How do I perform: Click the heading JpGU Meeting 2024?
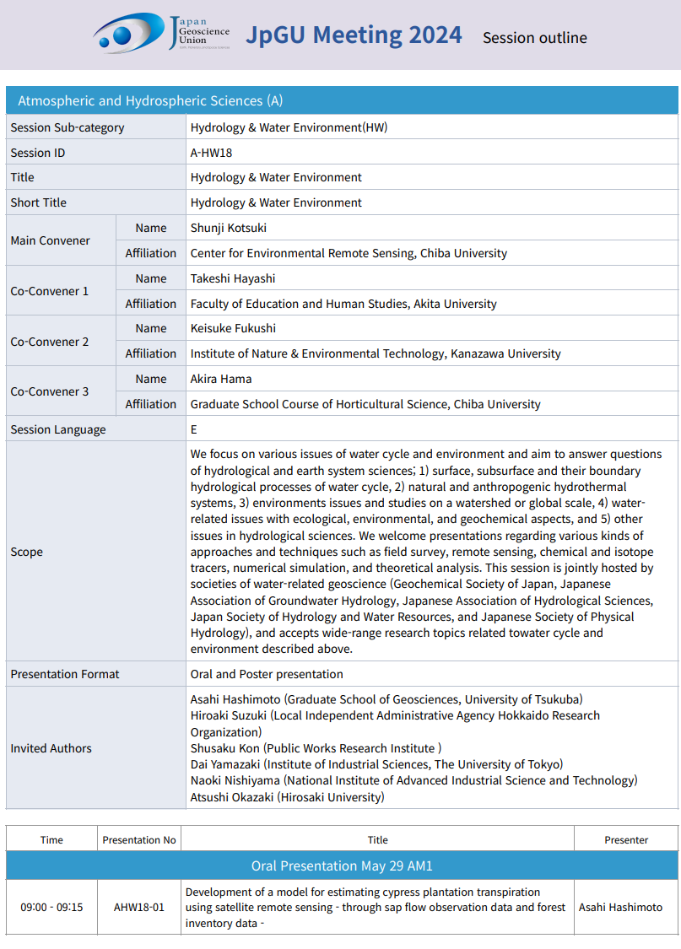tap(354, 35)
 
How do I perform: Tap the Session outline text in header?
tap(534, 37)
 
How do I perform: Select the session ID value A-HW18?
tap(211, 153)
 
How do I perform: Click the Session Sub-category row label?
tap(68, 127)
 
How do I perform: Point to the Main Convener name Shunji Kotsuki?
tap(229, 228)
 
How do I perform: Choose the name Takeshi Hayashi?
tap(233, 278)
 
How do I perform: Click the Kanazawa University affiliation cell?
tap(376, 353)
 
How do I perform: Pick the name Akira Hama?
tap(221, 379)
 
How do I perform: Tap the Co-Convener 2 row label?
tap(50, 342)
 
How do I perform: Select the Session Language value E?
tap(194, 429)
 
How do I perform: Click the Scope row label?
tap(27, 552)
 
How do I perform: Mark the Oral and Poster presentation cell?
tap(267, 674)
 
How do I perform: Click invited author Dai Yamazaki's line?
tap(376, 764)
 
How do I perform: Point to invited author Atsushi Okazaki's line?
tap(287, 796)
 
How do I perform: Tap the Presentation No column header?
tap(139, 840)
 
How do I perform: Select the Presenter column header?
tap(626, 840)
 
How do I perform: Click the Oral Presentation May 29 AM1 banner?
tap(342, 865)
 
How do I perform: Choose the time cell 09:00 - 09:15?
tap(51, 908)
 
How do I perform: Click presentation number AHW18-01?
tap(139, 908)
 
